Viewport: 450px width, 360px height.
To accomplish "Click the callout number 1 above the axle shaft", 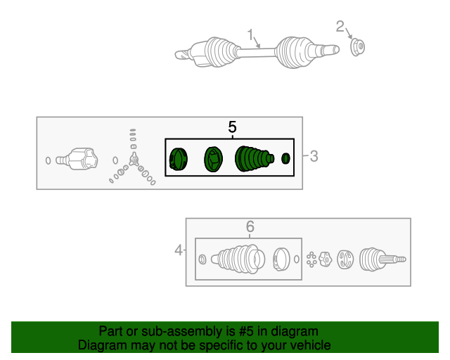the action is tap(250, 34).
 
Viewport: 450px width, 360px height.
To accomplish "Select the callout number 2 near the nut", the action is tap(340, 27).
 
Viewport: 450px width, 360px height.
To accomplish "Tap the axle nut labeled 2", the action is tap(358, 47).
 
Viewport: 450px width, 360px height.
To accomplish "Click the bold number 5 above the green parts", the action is tap(232, 127).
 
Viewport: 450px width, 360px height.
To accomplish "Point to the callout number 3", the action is tap(314, 156).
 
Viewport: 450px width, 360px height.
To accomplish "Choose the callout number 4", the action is tap(179, 250).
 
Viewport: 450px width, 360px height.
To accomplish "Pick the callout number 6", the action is tap(250, 226).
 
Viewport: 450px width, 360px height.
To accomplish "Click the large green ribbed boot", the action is tap(254, 159).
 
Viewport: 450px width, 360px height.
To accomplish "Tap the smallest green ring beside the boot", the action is tap(285, 158).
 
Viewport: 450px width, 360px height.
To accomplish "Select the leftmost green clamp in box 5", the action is tap(178, 159).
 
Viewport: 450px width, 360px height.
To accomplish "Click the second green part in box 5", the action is tap(214, 159).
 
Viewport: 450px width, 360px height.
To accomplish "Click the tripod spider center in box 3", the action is tap(134, 160).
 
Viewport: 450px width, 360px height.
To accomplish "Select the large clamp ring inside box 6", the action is tap(281, 259).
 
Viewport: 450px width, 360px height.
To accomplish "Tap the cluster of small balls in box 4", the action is tap(311, 259).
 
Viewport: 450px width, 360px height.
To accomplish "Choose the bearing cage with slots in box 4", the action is tap(345, 259).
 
